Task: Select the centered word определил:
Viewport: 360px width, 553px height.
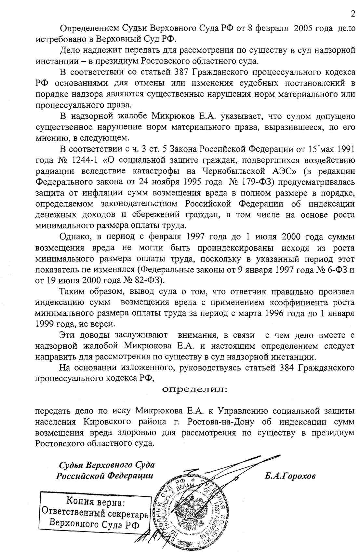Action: [x=195, y=389]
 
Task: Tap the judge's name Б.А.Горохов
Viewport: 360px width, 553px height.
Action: [x=290, y=476]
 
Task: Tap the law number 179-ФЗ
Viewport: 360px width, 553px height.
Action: [x=260, y=182]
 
